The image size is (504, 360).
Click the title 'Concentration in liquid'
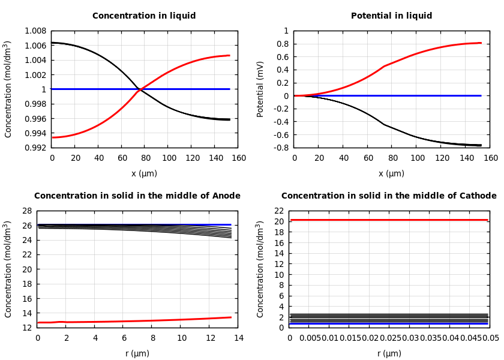(x=144, y=16)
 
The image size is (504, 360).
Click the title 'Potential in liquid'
(x=391, y=16)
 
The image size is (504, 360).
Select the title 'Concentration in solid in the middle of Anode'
(x=137, y=196)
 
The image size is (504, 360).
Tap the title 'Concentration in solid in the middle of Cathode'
(x=389, y=196)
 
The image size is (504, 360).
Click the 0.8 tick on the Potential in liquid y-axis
(x=282, y=44)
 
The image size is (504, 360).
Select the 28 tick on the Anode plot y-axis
(x=26, y=211)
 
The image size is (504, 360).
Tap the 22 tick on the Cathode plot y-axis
(x=278, y=211)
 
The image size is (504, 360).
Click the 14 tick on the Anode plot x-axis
(x=238, y=338)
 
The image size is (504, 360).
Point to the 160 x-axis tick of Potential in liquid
(x=490, y=158)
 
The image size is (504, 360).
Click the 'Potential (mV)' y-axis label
(x=260, y=89)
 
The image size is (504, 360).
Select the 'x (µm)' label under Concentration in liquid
(x=144, y=173)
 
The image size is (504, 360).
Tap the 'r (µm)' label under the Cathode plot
(x=389, y=353)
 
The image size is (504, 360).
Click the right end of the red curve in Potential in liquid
(x=481, y=43)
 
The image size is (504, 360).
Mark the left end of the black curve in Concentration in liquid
(x=52, y=43)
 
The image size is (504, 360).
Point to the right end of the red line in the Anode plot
(x=231, y=317)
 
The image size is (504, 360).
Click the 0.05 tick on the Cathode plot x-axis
(x=491, y=338)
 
